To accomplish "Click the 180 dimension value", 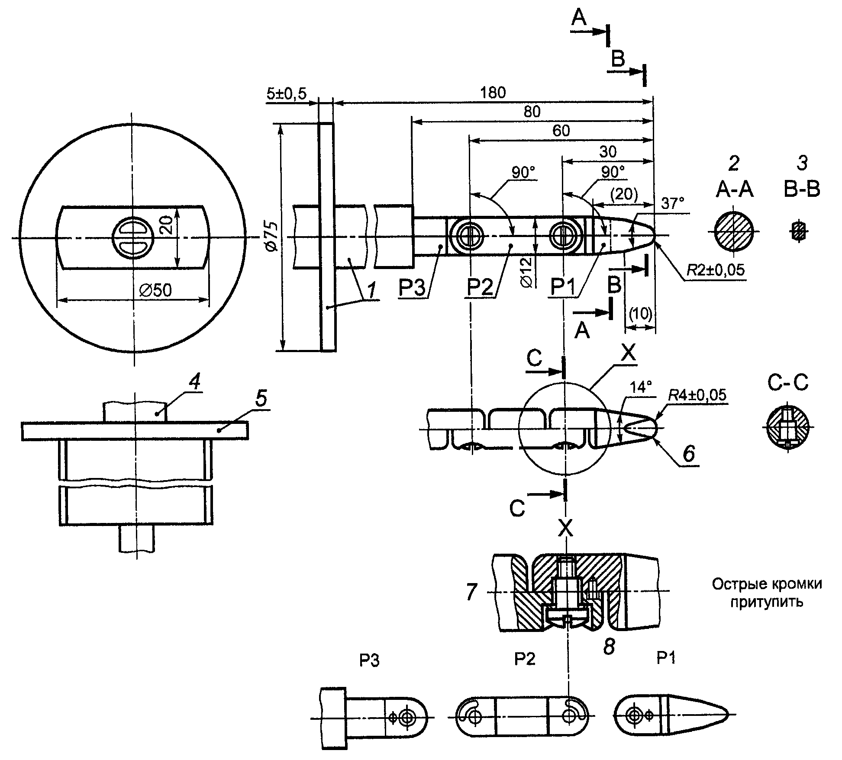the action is pyautogui.click(x=493, y=93).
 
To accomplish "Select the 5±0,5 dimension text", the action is pyautogui.click(x=286, y=93).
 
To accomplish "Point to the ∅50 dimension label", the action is pyautogui.click(x=155, y=290).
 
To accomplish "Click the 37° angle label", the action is pyautogui.click(x=673, y=203).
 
